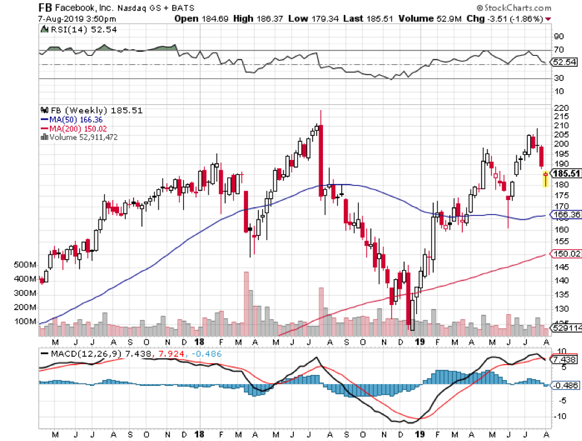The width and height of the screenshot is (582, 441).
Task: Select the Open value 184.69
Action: (x=210, y=18)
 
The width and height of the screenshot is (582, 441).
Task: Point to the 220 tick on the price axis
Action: (x=561, y=107)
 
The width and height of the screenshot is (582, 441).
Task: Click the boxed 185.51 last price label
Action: (x=565, y=174)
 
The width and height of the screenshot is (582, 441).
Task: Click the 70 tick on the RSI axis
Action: (x=558, y=50)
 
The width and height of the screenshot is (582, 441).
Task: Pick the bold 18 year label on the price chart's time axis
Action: (x=200, y=341)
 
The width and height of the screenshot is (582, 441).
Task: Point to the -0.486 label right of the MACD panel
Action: (x=564, y=385)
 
